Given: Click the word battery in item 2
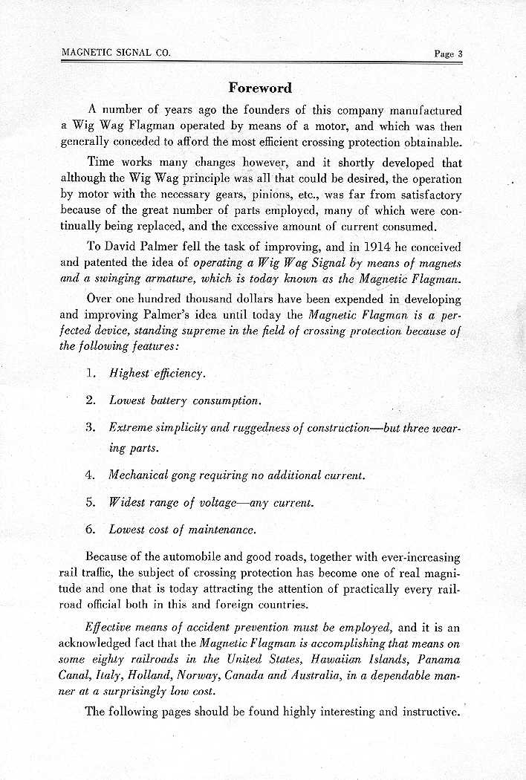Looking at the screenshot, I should click(168, 400).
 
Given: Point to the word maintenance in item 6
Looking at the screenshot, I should click(221, 530).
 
